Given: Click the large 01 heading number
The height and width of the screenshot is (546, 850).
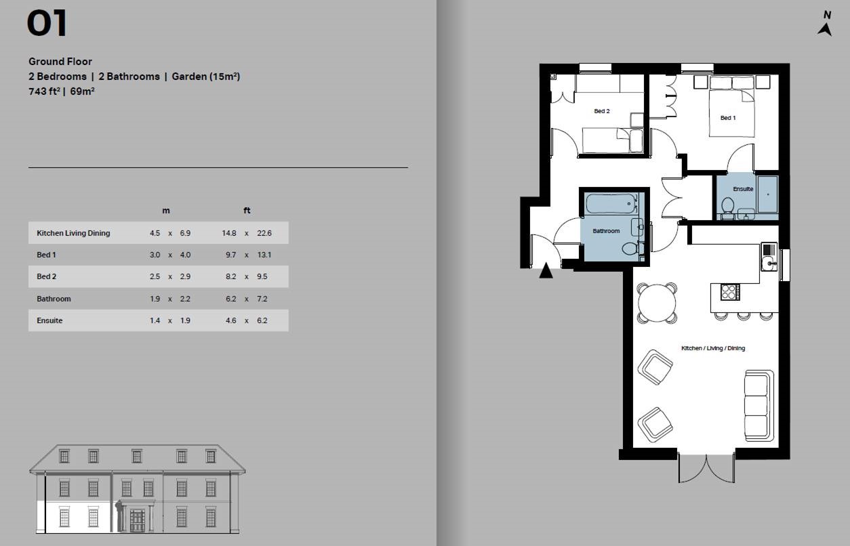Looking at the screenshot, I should [x=47, y=24].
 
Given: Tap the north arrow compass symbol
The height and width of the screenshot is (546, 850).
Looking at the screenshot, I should [x=825, y=24].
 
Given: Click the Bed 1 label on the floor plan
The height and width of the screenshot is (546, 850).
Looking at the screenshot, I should [x=727, y=118].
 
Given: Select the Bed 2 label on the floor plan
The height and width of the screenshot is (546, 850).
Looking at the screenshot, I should [x=601, y=111].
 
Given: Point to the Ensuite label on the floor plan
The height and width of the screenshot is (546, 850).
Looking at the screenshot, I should [x=743, y=189].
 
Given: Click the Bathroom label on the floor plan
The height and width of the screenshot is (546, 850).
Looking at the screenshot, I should [x=606, y=231].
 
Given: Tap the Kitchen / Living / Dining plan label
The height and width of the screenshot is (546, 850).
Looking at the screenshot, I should [x=712, y=348].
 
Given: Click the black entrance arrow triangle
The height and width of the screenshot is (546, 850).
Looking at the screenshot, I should [x=546, y=272].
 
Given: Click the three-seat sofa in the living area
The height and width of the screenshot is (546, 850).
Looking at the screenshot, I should [x=758, y=404].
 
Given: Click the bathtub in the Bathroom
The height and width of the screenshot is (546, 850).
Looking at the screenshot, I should [x=612, y=203].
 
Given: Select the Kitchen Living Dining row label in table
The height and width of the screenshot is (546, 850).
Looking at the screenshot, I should [x=73, y=233].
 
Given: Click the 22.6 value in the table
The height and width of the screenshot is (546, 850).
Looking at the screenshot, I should [x=264, y=233].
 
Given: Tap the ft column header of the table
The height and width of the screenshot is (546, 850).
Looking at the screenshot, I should [x=247, y=211].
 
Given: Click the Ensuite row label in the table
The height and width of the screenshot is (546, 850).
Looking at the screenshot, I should [x=49, y=320].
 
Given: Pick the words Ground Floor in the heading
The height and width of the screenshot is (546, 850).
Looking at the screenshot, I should [x=60, y=62].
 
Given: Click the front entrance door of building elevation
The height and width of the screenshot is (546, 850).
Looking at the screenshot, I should [x=137, y=520].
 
